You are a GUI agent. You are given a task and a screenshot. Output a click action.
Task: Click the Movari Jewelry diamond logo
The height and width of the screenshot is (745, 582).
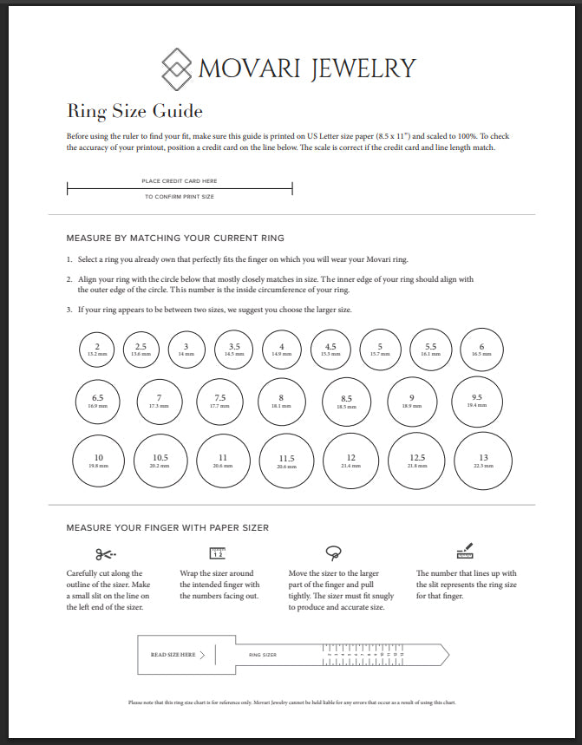tap(177, 68)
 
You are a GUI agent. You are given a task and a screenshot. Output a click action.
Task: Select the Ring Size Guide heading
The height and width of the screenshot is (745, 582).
tap(134, 111)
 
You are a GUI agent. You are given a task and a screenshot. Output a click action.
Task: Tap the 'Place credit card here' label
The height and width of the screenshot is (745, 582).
tap(180, 181)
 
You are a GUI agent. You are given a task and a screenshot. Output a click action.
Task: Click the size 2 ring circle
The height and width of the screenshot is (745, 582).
tap(97, 349)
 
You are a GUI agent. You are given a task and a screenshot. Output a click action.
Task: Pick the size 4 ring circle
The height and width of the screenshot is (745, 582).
tap(281, 349)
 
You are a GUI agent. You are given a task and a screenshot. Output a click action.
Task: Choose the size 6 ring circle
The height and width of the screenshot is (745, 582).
tap(481, 349)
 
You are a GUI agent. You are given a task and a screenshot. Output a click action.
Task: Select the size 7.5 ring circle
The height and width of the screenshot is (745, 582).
tap(220, 401)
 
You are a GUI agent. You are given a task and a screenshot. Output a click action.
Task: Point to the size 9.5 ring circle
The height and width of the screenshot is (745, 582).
tap(477, 401)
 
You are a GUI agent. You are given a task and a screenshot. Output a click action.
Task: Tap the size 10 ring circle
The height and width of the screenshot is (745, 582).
tap(98, 460)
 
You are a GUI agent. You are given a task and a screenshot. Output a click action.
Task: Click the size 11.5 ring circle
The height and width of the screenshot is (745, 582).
tap(286, 460)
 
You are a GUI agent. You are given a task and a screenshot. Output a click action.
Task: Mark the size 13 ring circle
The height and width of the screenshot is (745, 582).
tap(483, 460)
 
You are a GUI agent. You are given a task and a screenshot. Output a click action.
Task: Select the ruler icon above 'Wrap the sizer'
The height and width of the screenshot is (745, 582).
tap(217, 552)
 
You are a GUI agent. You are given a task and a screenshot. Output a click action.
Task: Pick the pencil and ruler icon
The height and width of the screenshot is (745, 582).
tap(464, 551)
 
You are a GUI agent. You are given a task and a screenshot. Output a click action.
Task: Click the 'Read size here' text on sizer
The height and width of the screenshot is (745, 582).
tap(173, 655)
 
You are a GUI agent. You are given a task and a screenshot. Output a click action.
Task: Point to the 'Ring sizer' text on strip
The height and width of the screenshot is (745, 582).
tap(262, 655)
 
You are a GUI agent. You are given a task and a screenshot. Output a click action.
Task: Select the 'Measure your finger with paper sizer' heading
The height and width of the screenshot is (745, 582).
tap(167, 526)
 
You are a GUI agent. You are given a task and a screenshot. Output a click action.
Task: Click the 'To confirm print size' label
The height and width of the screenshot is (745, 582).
tap(180, 197)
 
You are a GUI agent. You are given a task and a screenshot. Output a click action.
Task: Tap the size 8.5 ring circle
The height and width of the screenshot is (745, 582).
tap(346, 401)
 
